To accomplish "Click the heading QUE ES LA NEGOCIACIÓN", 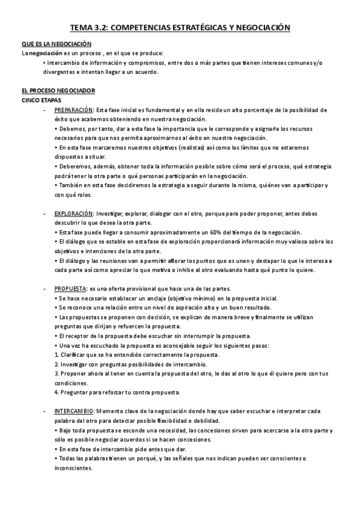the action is click(x=56, y=44).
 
